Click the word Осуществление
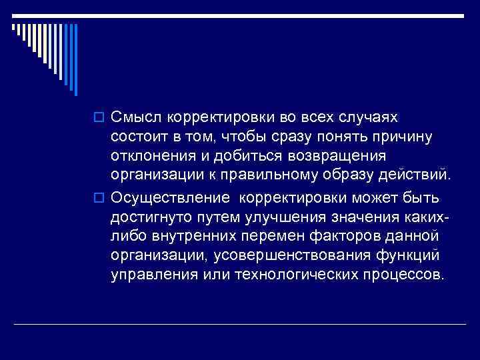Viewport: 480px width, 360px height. [171, 198]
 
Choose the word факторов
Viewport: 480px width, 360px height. [351, 237]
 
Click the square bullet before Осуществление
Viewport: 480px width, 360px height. [102, 199]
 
